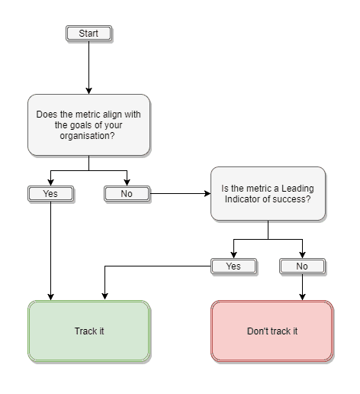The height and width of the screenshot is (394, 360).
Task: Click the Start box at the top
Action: (x=88, y=34)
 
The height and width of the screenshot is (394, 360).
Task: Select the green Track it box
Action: (x=89, y=331)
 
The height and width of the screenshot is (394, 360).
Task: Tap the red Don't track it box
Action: (x=272, y=331)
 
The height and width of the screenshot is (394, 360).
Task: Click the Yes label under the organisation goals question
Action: (x=50, y=194)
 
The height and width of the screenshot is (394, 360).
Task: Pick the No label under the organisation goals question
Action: (x=127, y=194)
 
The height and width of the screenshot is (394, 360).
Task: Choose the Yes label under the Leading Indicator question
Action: (x=233, y=266)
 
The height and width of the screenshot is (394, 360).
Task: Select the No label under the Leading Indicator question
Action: (x=302, y=266)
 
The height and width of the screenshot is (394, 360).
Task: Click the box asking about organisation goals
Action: (x=88, y=124)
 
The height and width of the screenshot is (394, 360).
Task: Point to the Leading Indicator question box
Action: (x=268, y=194)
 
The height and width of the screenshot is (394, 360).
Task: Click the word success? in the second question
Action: (x=293, y=200)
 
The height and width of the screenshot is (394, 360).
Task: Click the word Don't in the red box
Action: (x=258, y=331)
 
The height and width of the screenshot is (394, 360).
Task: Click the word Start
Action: (x=88, y=34)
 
